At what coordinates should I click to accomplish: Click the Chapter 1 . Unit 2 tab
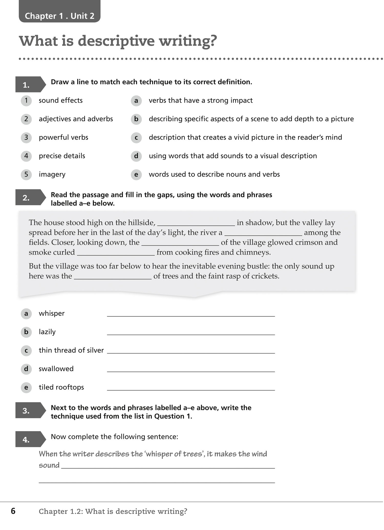[59, 16]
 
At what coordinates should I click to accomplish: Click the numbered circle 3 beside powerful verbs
[26, 138]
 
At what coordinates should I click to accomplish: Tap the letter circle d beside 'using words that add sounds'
[136, 156]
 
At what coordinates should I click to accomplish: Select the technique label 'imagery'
[52, 174]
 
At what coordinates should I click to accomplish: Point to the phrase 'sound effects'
[61, 100]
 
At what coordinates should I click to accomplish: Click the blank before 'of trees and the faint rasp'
[113, 277]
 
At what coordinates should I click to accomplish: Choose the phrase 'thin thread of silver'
[71, 350]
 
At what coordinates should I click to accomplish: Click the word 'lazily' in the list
[47, 332]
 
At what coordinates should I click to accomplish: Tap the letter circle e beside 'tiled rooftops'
[26, 388]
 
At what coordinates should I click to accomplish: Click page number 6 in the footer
[13, 511]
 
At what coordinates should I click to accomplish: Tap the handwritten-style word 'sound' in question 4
[49, 465]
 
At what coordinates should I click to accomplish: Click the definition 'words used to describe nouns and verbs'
[214, 174]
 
